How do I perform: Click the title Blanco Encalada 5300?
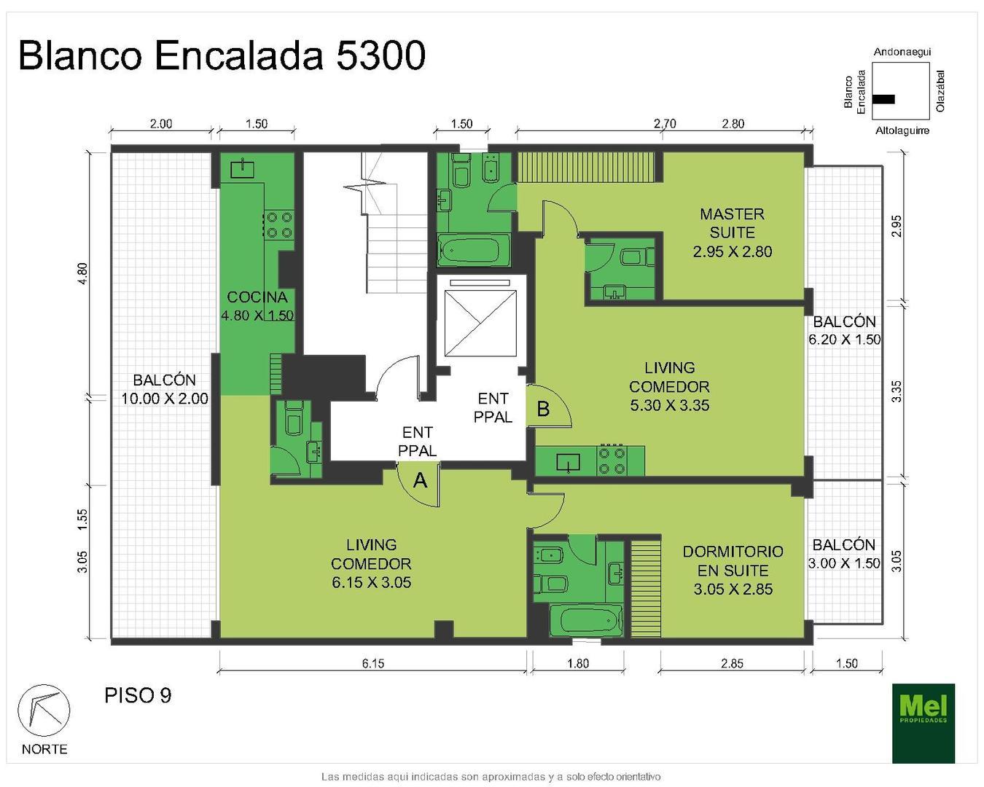point(222,55)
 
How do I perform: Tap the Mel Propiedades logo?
point(923,722)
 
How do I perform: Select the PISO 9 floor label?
point(138,695)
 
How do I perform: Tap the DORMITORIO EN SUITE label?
point(733,570)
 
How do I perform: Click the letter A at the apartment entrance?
point(420,481)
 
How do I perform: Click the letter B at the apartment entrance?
point(543,410)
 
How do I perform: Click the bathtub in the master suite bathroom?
point(474,250)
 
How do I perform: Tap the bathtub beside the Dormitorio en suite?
point(585,620)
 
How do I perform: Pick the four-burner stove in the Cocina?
point(278,224)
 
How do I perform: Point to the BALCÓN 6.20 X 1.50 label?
point(844,330)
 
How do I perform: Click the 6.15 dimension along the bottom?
point(372,663)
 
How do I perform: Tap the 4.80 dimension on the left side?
point(82,274)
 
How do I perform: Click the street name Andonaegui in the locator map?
point(902,52)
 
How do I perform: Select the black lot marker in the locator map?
point(883,99)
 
